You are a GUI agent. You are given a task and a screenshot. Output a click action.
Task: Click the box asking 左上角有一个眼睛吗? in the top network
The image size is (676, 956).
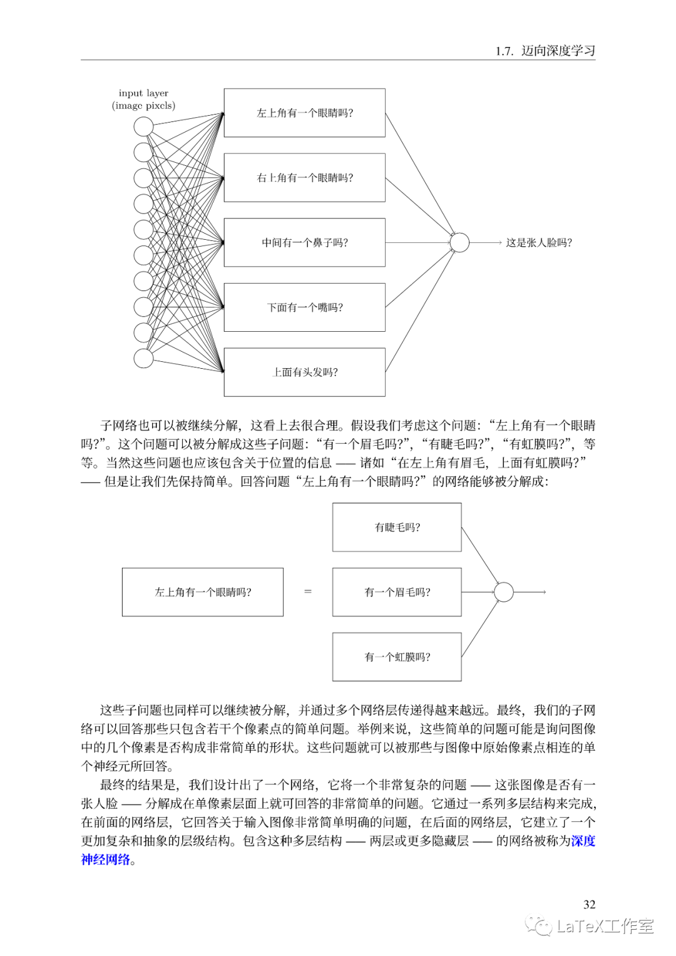coord(304,113)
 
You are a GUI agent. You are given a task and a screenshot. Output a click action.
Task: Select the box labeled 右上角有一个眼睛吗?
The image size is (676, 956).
coord(304,178)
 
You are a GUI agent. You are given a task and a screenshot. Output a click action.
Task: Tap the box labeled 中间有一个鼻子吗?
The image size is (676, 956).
coord(304,242)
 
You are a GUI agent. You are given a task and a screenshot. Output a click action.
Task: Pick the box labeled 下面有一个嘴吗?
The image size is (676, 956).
coord(304,307)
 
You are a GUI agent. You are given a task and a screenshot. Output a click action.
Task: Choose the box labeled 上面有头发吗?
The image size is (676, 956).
coord(304,372)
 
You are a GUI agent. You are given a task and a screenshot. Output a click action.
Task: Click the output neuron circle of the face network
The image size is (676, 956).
coord(459,242)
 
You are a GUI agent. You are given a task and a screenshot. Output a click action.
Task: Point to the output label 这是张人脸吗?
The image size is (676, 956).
coord(539,242)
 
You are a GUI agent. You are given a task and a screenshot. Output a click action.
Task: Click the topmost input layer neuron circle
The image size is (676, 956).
coord(143,126)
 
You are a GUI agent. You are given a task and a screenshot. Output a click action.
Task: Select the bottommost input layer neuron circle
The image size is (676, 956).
coord(143,358)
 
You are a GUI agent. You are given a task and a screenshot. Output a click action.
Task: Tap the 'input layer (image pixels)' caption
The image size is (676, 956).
coord(143,100)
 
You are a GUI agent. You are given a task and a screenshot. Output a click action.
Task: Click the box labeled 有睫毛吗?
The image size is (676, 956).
coord(397,527)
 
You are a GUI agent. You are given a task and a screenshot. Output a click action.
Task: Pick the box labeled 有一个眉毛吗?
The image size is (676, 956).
coord(397,592)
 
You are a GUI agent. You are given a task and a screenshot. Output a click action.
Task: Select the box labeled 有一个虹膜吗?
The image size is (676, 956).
coord(397,657)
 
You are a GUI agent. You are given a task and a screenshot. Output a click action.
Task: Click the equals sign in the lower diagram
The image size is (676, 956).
coord(307,592)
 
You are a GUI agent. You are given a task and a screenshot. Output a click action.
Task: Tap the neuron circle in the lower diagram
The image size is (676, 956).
coord(504,592)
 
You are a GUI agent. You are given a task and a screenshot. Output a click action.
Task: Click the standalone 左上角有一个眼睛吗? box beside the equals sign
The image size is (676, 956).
coord(202,592)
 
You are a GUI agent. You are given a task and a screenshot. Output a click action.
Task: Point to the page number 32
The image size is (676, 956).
coord(589,904)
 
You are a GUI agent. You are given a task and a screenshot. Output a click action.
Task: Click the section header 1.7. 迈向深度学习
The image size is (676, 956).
coord(545,51)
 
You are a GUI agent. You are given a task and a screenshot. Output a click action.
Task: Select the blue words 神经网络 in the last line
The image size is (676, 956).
coord(105,859)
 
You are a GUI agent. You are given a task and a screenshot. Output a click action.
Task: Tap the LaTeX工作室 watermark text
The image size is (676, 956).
coord(605,926)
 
